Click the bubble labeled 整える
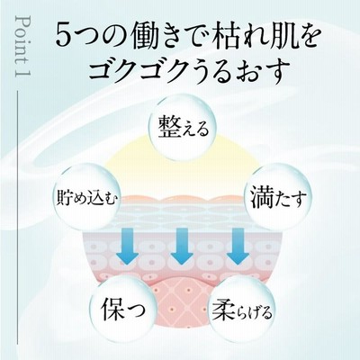pyautogui.click(x=183, y=128)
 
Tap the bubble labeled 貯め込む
pyautogui.click(x=86, y=197)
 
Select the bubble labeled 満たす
pyautogui.click(x=278, y=196)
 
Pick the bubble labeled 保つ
pyautogui.click(x=124, y=309)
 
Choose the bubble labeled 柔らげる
pyautogui.click(x=242, y=310)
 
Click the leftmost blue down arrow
pyautogui.click(x=127, y=247)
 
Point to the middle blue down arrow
pyautogui.click(x=182, y=247)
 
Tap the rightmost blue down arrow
pyautogui.click(x=238, y=247)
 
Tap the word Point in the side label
pyautogui.click(x=22, y=38)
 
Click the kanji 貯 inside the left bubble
pyautogui.click(x=64, y=198)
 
